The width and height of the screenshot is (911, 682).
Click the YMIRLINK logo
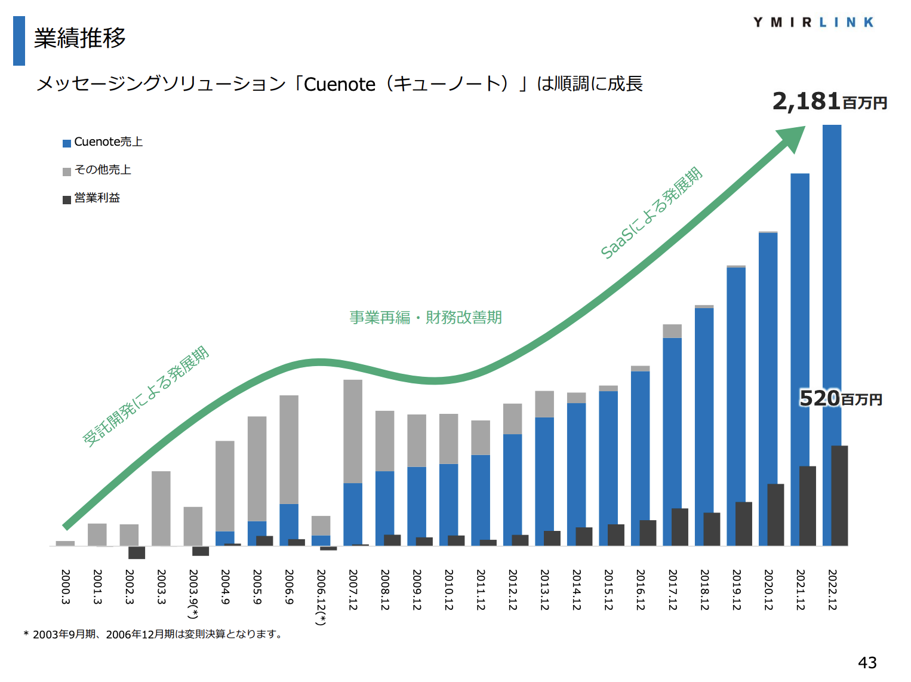[813, 23]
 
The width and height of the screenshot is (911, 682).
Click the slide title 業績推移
[79, 38]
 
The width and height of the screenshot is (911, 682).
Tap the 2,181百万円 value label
[829, 102]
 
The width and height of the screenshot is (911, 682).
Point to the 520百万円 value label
[840, 398]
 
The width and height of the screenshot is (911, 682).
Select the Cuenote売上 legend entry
[103, 142]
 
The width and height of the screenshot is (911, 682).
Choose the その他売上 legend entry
[97, 170]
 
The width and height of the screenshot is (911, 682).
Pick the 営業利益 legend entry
[91, 198]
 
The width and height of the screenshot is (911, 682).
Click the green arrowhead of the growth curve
[792, 138]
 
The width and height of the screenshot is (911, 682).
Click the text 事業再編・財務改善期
[425, 318]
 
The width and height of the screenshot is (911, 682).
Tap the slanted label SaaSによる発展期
[651, 213]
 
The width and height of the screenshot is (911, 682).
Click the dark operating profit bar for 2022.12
[839, 496]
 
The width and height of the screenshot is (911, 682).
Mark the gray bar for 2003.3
[161, 508]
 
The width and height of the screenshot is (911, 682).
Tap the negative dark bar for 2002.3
[137, 552]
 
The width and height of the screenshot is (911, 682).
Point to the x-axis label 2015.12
[608, 590]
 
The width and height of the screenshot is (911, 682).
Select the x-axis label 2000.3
[66, 586]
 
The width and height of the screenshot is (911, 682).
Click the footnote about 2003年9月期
[153, 634]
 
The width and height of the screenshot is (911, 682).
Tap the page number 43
[867, 662]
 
